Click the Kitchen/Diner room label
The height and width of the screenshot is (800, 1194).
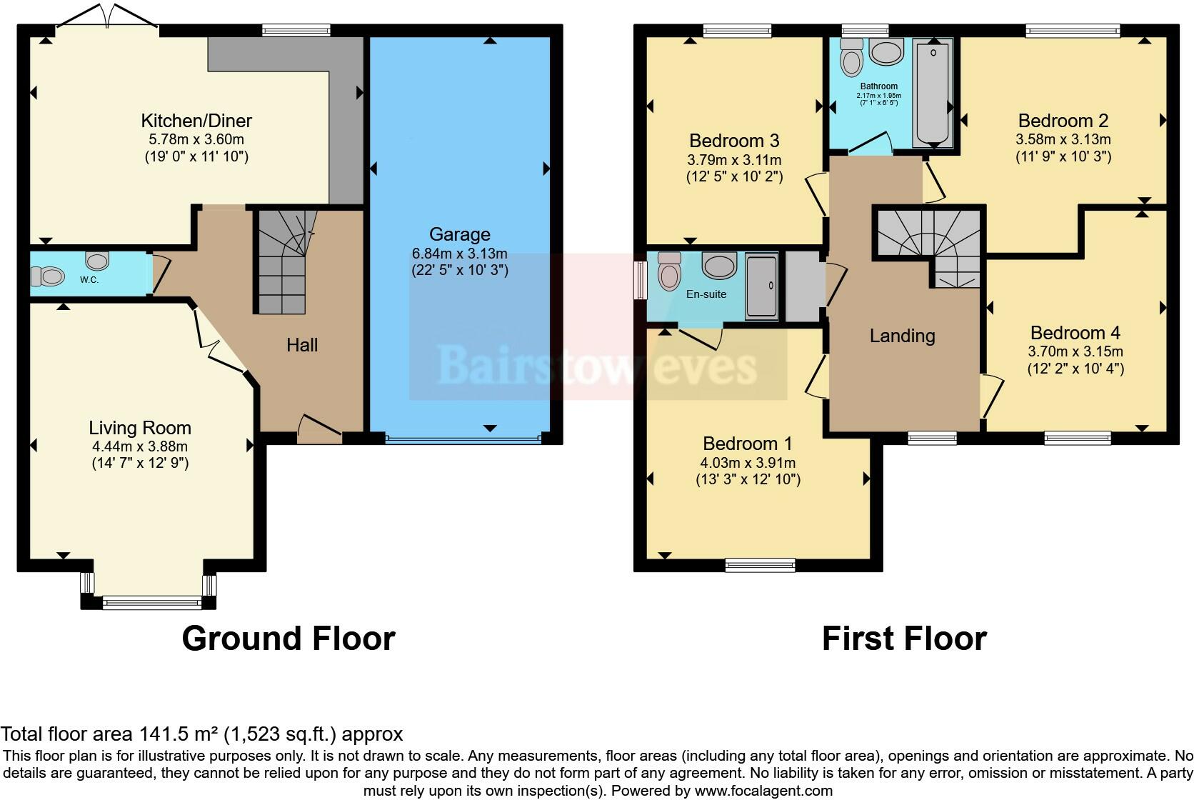pos(196,121)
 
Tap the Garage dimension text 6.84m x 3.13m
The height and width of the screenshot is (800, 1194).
pos(459,254)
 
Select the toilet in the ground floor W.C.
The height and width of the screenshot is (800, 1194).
pos(47,276)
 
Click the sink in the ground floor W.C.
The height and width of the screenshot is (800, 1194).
pos(97,261)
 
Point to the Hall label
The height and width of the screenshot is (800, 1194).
pos(301,345)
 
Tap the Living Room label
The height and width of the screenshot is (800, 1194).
pos(140,428)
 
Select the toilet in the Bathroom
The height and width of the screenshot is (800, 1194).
pos(851,58)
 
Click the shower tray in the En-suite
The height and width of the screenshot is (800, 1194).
pos(761,287)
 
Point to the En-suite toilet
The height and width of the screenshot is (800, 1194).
pos(670,271)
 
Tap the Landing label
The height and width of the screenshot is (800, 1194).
pos(903,336)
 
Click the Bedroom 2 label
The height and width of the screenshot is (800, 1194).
pos(1063,121)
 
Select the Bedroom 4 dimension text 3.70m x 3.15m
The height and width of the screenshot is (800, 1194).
pos(1075,351)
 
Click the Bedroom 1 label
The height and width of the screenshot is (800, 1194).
pos(747,444)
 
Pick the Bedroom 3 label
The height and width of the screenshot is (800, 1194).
pos(734,141)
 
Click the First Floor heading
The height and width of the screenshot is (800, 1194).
pos(904,639)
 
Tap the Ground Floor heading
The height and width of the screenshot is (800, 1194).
pos(289,639)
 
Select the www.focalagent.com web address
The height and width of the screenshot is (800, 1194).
pos(763,791)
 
